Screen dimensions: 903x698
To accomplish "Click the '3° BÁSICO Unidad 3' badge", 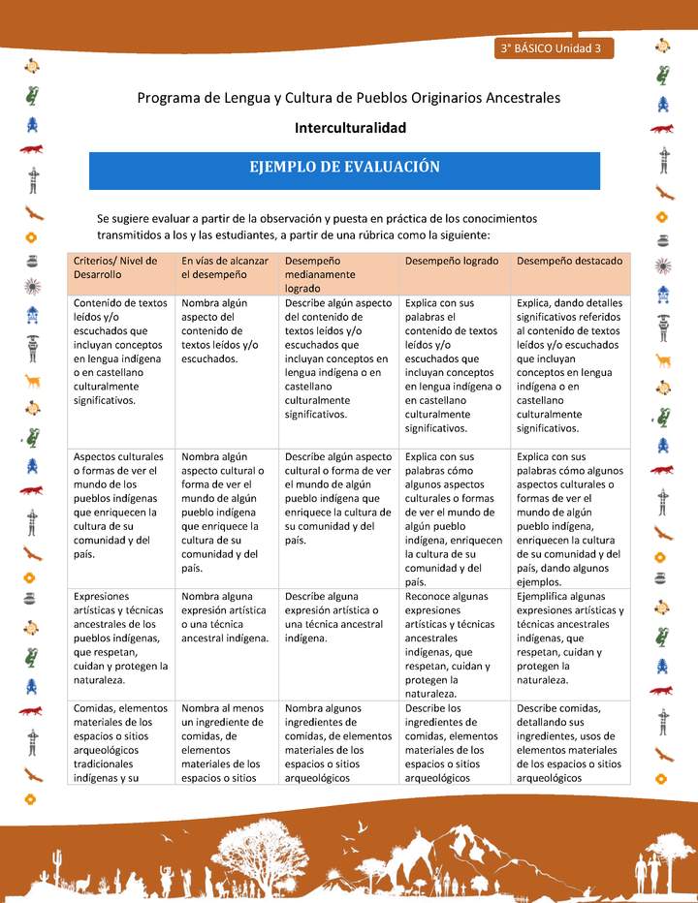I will point(553,48).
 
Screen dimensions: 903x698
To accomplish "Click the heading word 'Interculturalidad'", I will point(350,128).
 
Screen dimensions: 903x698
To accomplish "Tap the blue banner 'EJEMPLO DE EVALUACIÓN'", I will point(344,167).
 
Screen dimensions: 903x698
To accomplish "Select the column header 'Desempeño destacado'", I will point(569,262).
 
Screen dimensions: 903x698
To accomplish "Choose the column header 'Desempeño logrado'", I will point(452,262).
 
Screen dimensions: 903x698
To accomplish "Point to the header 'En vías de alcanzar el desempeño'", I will point(225,267).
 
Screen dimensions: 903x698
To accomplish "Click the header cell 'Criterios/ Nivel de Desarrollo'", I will point(120,267).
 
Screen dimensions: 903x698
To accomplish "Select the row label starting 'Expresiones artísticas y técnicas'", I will point(120,631).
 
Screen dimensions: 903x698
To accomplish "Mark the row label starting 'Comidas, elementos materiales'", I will point(120,742).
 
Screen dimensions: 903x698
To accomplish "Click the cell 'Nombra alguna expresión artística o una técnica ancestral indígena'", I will point(225,617).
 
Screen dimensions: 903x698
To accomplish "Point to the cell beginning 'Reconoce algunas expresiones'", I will point(452,644).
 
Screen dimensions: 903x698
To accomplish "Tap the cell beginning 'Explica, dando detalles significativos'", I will point(569,365).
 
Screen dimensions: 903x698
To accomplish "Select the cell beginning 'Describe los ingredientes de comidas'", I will point(452,742).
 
